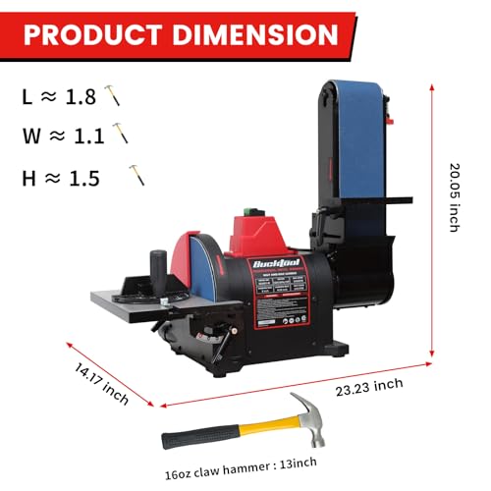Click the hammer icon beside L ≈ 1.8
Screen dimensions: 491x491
(114, 96)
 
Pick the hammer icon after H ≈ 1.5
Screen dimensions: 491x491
(136, 176)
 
